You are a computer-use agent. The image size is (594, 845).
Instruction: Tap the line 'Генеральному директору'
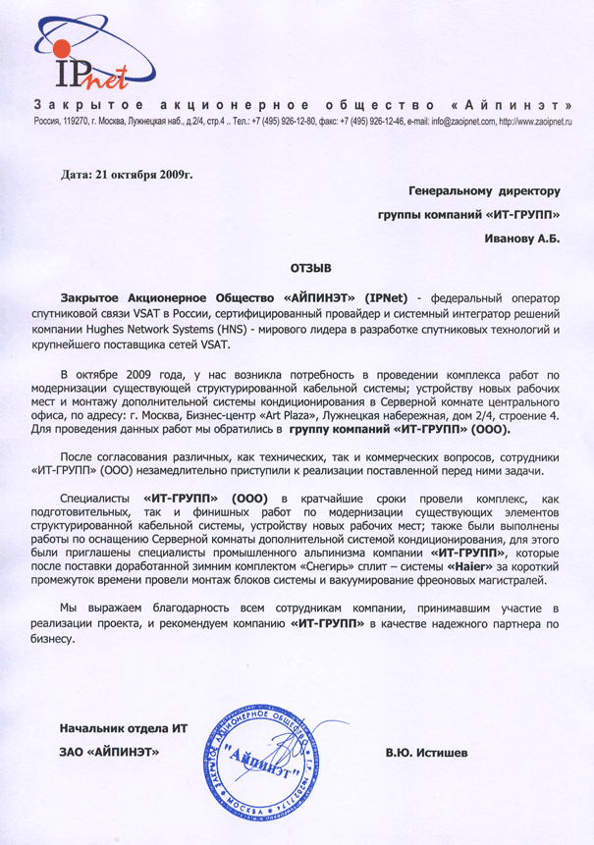click(483, 189)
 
